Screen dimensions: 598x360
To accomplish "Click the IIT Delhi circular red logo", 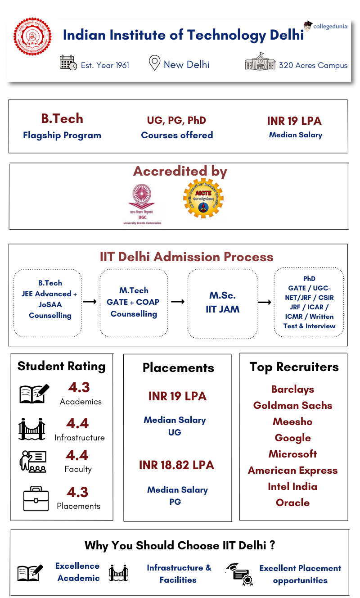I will (x=32, y=36).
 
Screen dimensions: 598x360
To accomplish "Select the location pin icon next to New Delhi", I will (x=154, y=63).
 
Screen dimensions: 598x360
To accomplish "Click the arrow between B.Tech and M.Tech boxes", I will (x=90, y=301).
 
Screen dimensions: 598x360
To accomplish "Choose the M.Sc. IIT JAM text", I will (x=222, y=302).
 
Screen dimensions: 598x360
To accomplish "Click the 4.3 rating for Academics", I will (x=79, y=387).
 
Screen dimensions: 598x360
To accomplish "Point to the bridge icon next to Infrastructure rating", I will (x=31, y=429).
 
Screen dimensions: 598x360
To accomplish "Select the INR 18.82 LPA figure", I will (x=176, y=465).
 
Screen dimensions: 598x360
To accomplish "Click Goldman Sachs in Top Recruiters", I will (x=292, y=405).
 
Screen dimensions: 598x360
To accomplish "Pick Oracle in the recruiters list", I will (x=292, y=503).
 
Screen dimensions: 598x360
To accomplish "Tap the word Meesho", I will (x=292, y=421).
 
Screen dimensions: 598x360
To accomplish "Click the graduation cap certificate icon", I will (x=239, y=574).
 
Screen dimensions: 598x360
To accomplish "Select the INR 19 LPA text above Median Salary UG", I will (x=177, y=396).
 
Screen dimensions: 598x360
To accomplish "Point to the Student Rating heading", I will (x=61, y=366).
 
